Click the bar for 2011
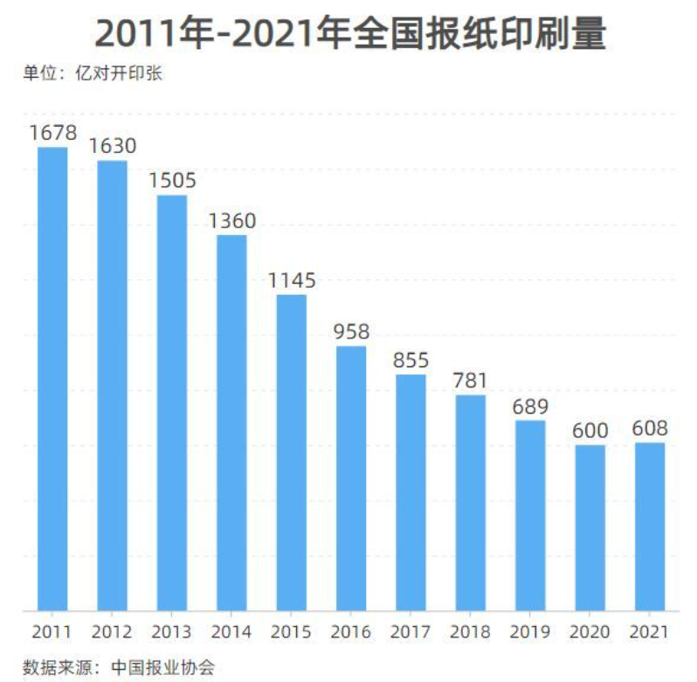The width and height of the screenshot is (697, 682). click(52, 378)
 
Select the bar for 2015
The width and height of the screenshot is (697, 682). click(292, 452)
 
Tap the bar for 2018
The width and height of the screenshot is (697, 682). click(471, 502)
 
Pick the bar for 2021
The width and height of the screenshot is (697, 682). click(650, 526)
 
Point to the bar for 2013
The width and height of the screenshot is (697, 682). click(172, 402)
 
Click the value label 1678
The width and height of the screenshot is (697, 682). click(52, 133)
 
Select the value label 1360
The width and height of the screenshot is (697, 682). click(232, 221)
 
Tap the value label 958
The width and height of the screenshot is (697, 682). click(352, 332)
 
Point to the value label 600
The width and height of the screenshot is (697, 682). click(590, 431)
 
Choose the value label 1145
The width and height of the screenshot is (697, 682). click(292, 281)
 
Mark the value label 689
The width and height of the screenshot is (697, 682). click(530, 407)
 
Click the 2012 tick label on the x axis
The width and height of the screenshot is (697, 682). click(113, 632)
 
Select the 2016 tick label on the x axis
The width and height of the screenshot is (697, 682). click(352, 632)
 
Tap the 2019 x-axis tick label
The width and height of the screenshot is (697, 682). click(530, 632)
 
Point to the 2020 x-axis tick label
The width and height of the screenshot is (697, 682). click(590, 632)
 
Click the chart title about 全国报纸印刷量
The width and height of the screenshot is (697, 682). click(349, 35)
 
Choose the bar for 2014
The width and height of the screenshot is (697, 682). click(232, 422)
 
